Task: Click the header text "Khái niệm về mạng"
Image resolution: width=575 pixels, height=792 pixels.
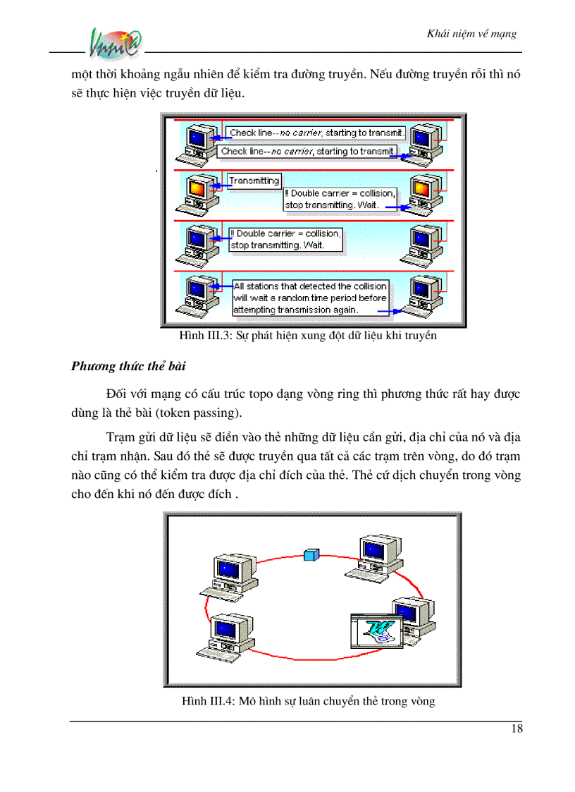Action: pyautogui.click(x=472, y=34)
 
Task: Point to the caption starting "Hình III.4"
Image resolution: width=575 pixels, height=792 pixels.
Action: pyautogui.click(x=308, y=701)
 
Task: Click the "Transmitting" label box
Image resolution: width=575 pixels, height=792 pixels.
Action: pyautogui.click(x=254, y=181)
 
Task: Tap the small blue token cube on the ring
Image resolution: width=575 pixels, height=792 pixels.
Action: pyautogui.click(x=308, y=555)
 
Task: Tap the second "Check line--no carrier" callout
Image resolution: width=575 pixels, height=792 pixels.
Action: pyautogui.click(x=307, y=151)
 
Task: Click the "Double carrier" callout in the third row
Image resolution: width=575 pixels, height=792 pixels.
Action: pyautogui.click(x=286, y=239)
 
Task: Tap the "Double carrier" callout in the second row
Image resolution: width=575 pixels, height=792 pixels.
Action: pyautogui.click(x=340, y=199)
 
